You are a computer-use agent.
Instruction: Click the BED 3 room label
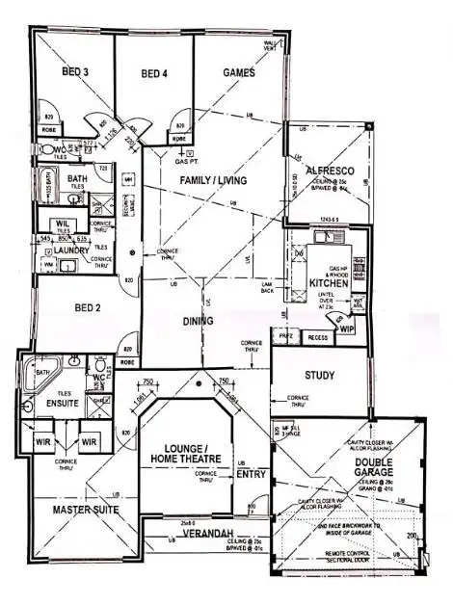pyautogui.click(x=77, y=72)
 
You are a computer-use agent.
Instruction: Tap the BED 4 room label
pyautogui.click(x=154, y=72)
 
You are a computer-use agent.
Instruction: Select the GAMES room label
pyautogui.click(x=239, y=72)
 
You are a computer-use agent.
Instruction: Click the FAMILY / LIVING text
pyautogui.click(x=213, y=180)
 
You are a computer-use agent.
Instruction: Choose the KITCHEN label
pyautogui.click(x=329, y=282)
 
